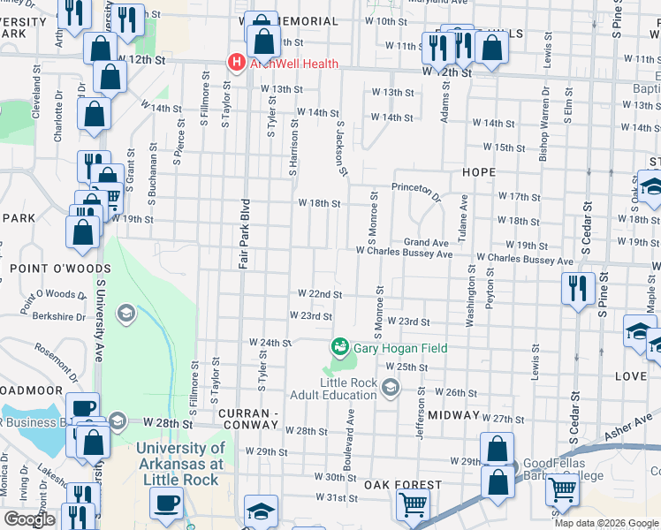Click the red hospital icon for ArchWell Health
point(236,62)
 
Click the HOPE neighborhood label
point(476,172)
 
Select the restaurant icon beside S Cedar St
point(576,288)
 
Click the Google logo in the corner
point(29,519)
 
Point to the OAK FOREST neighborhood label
point(403,485)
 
